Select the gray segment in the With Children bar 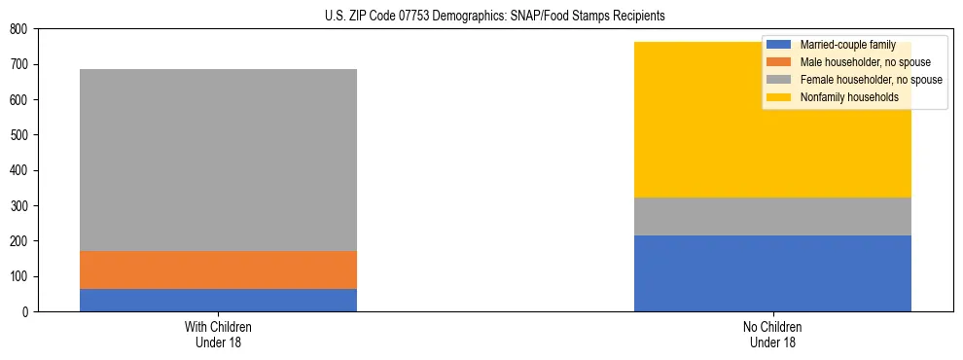pyautogui.click(x=218, y=161)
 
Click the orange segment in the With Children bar pyautogui.click(x=218, y=270)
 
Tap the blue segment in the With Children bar pyautogui.click(x=218, y=300)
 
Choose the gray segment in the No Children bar pyautogui.click(x=772, y=216)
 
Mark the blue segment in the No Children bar pyautogui.click(x=772, y=273)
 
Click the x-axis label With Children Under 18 pyautogui.click(x=218, y=334)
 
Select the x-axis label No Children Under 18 pyautogui.click(x=772, y=334)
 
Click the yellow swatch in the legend pyautogui.click(x=778, y=97)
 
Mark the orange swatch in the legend pyautogui.click(x=778, y=62)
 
